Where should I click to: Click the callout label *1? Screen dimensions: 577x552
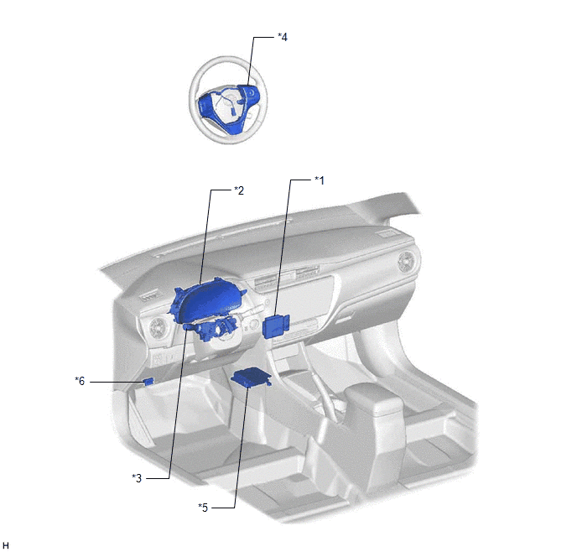[x=320, y=180]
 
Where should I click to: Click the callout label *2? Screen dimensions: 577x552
[x=239, y=190]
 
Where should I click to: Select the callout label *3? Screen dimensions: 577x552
[x=137, y=478]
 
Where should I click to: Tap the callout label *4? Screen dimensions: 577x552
[x=283, y=37]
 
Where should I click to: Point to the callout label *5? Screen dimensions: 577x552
[x=203, y=508]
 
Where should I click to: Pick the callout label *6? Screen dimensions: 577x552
[x=80, y=381]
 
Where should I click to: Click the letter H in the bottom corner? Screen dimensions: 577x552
[x=6, y=546]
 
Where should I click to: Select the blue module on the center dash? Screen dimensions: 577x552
[x=276, y=326]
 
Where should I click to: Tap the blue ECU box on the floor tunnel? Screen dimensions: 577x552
[x=251, y=378]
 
